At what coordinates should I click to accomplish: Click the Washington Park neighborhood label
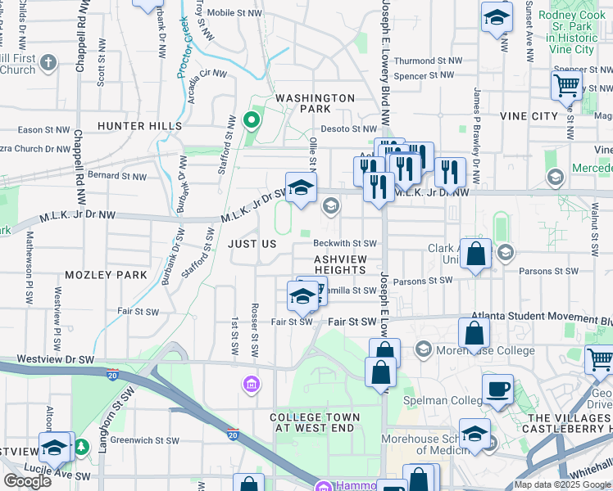coord(315,103)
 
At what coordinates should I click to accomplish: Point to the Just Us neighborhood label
coord(252,244)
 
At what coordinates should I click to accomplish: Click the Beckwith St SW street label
coord(345,243)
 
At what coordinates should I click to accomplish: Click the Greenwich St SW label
coord(145,439)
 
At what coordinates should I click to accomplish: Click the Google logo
coord(26,481)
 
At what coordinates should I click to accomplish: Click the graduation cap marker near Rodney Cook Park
coord(496,17)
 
